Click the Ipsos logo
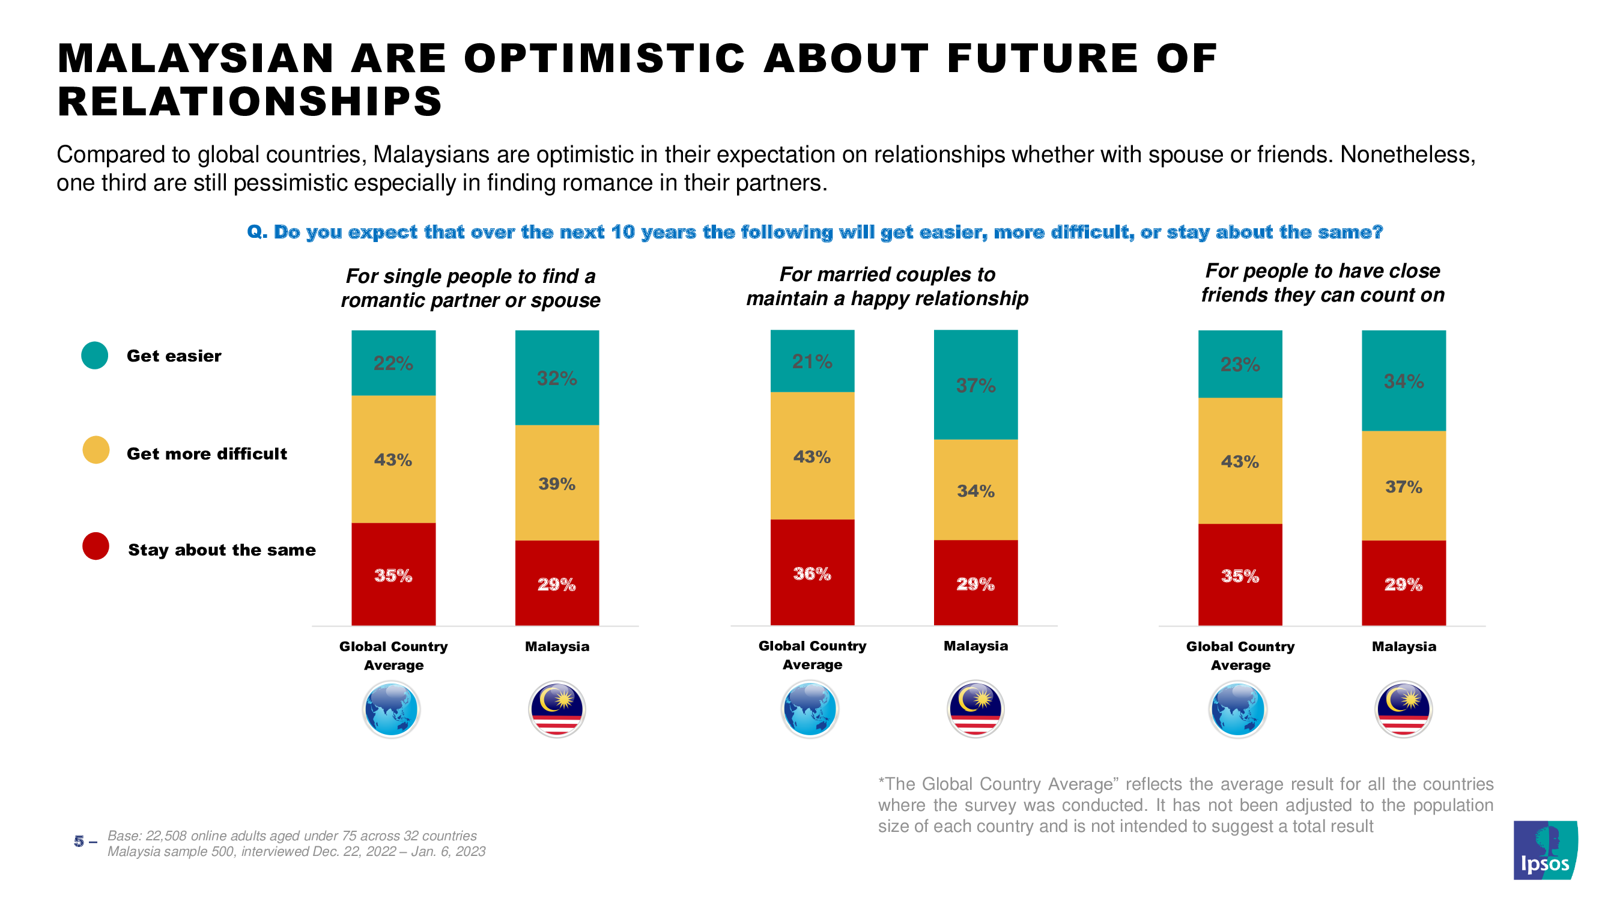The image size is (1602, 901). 1544,849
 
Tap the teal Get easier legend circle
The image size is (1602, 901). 95,356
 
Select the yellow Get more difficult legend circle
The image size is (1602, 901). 96,450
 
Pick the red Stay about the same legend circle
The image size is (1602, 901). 96,546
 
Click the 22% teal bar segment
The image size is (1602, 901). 393,363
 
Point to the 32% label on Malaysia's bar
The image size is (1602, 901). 557,378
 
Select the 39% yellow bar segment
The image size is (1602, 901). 557,483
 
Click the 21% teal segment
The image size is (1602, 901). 812,361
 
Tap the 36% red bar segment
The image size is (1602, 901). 812,572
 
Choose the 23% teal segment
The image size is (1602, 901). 1239,365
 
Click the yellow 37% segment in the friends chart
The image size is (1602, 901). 1403,487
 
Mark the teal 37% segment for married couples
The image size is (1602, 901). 975,386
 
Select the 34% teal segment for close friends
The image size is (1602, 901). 1403,381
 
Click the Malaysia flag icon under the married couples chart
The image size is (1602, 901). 975,709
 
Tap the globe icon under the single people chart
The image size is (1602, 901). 391,709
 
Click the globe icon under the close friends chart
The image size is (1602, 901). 1237,709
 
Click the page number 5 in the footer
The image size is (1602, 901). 79,842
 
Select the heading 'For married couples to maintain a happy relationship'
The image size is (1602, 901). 887,287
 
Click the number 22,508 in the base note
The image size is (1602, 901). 165,836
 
